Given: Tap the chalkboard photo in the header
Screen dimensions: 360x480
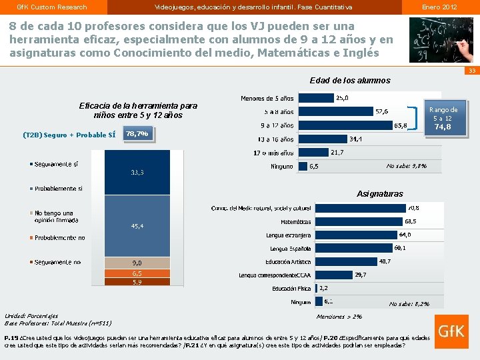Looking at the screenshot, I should (x=441, y=39).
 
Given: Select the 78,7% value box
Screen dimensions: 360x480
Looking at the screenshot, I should (x=138, y=134).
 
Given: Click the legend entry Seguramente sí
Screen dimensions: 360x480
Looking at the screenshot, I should (x=57, y=164).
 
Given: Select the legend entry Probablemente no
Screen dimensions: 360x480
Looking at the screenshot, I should (x=59, y=237).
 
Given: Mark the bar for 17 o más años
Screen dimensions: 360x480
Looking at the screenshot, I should (x=313, y=153).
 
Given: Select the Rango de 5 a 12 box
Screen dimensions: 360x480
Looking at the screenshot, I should (x=443, y=118).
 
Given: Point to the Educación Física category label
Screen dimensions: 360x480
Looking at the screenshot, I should (x=291, y=289).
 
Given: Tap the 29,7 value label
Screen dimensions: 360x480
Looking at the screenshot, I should (x=360, y=275).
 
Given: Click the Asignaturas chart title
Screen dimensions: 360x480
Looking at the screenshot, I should (x=379, y=194).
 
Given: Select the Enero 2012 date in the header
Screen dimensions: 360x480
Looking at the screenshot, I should (x=439, y=7).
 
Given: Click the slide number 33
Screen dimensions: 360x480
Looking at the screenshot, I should (x=471, y=71).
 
